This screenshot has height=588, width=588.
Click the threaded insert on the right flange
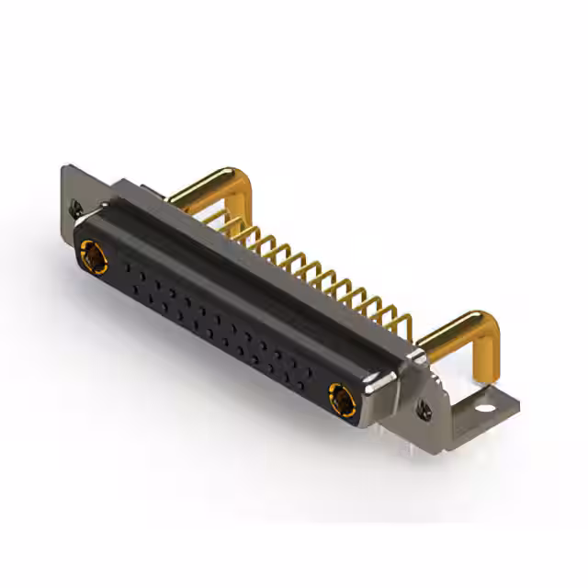click(424, 405)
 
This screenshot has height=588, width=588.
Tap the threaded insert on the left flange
click(76, 209)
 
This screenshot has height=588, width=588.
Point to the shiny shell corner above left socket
click(92, 219)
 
